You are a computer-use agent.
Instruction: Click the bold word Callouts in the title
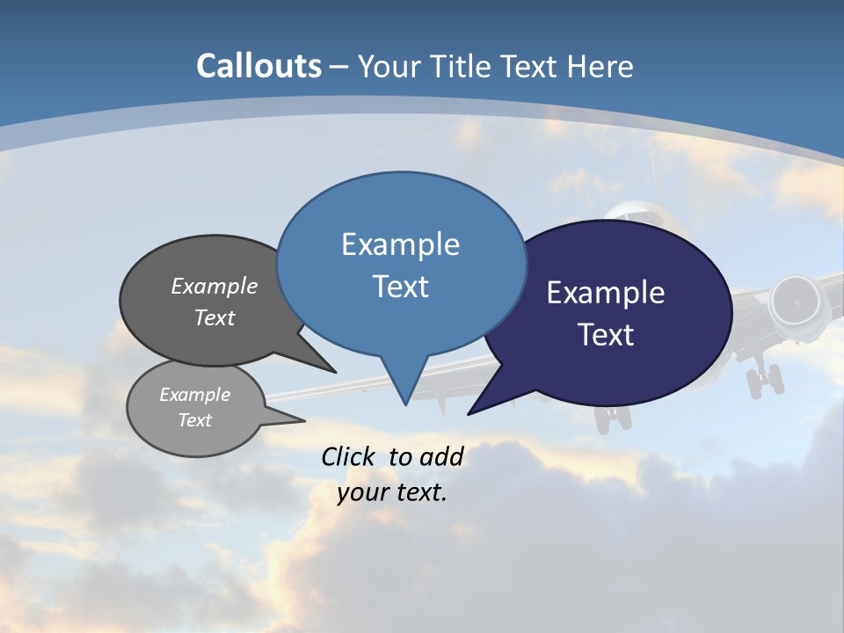point(258,66)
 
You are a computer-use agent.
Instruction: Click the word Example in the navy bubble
point(606,293)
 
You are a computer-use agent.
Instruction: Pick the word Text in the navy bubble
point(607,335)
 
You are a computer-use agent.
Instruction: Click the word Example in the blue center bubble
point(400,244)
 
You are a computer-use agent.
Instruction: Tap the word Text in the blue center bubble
point(401,287)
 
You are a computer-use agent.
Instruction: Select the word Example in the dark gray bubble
point(215,286)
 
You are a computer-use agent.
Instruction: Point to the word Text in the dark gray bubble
point(215,317)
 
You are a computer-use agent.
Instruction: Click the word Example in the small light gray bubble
point(194,395)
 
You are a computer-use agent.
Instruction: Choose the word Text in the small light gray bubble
point(195,420)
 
